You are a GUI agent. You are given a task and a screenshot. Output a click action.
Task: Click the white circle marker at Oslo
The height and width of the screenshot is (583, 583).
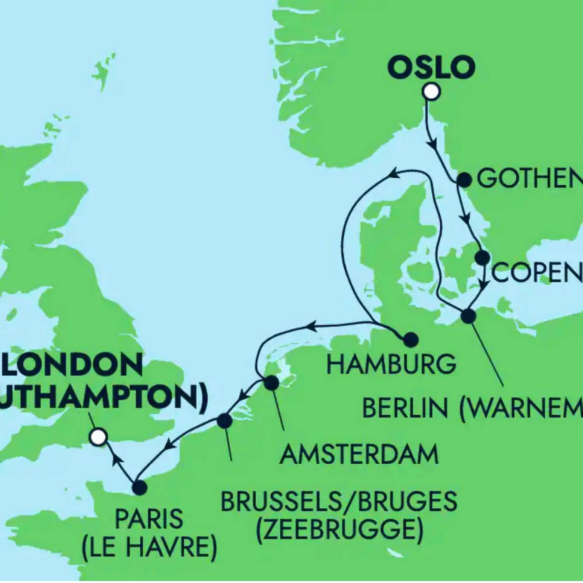click(x=431, y=92)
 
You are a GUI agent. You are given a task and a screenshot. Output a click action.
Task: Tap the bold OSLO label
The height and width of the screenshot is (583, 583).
click(x=431, y=67)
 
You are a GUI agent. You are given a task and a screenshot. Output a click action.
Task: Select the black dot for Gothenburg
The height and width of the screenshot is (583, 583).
click(x=464, y=180)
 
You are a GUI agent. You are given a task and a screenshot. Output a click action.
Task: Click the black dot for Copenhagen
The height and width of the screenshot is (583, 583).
click(x=482, y=257)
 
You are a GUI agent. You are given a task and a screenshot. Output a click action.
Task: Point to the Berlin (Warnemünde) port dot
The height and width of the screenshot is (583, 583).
click(x=468, y=316)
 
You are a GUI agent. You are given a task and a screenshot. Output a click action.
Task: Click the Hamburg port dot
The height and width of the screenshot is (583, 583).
click(x=410, y=340)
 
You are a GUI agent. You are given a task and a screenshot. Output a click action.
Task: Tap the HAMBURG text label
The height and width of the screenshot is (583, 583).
click(x=391, y=365)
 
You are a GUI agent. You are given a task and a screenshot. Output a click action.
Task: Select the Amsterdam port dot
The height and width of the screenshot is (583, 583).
click(x=271, y=383)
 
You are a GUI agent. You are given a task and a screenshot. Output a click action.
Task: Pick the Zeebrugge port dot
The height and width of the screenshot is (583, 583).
click(x=224, y=421)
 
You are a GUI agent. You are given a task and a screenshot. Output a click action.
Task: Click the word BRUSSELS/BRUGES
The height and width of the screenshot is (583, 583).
click(x=339, y=501)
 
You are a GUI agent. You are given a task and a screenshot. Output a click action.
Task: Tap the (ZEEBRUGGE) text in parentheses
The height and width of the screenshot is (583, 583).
click(x=339, y=529)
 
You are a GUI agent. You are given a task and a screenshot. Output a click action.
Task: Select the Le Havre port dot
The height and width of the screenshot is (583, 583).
click(x=139, y=487)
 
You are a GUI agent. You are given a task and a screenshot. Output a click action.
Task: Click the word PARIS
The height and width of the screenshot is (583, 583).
click(x=149, y=519)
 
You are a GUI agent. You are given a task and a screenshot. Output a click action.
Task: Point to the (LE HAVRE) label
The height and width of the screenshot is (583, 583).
click(x=149, y=547)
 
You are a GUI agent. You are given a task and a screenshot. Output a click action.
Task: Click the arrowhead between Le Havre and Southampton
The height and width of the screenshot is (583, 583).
click(x=117, y=461)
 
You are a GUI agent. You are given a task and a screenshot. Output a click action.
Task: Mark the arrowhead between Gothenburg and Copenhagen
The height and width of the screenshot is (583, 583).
click(x=466, y=219)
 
